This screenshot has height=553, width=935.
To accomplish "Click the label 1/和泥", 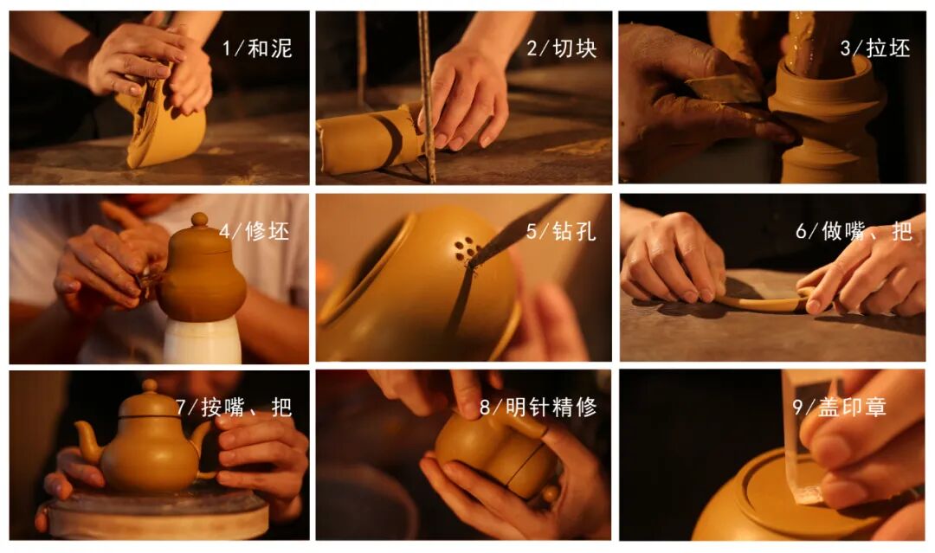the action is pyautogui.click(x=257, y=48).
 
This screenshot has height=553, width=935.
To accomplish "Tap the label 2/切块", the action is pyautogui.click(x=562, y=48).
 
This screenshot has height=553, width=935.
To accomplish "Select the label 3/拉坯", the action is pyautogui.click(x=874, y=48).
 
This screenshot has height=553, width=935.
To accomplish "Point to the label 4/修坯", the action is pyautogui.click(x=254, y=230).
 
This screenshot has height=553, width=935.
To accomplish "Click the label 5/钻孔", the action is pyautogui.click(x=560, y=230).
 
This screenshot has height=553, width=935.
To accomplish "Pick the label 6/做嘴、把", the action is pyautogui.click(x=854, y=230).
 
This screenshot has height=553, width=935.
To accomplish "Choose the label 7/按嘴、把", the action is pyautogui.click(x=234, y=407).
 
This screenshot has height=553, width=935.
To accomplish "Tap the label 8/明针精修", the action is pyautogui.click(x=538, y=407).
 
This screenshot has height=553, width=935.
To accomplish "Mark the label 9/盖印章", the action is pyautogui.click(x=839, y=407).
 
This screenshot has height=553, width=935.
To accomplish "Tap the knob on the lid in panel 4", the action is pyautogui.click(x=199, y=219).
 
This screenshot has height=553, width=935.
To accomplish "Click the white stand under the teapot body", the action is pyautogui.click(x=202, y=340).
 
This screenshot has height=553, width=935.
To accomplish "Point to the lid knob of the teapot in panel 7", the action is pyautogui.click(x=150, y=386).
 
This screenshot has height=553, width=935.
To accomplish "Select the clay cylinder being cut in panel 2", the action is pyautogui.click(x=369, y=140).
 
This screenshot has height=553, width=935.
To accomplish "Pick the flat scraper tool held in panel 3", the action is pyautogui.click(x=725, y=89).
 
